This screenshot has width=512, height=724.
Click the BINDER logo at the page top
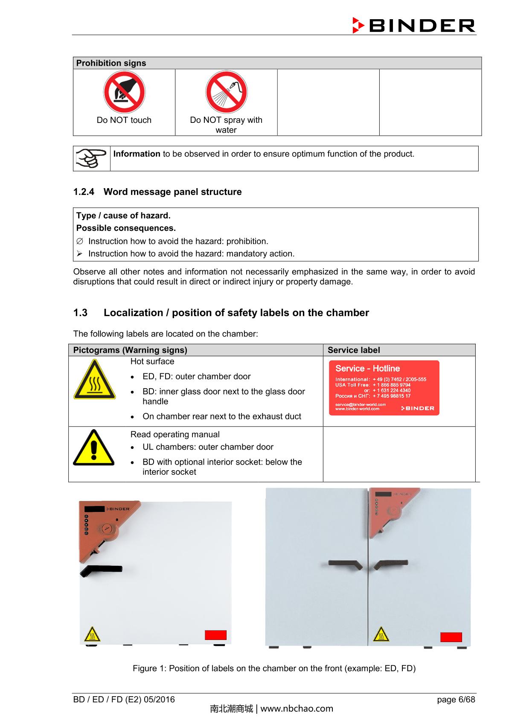coord(413,26)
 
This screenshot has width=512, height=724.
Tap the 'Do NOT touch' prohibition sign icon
coord(124,92)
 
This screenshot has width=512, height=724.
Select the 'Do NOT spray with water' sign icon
coord(226,92)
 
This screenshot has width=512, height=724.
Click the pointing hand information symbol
coord(91,158)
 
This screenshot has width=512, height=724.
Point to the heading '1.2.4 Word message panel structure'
coord(157,192)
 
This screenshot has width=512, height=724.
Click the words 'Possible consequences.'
coord(126,228)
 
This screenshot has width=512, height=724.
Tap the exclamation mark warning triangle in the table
coord(93,448)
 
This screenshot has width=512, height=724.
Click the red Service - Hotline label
coord(384,388)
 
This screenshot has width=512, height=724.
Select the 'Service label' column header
coord(353,350)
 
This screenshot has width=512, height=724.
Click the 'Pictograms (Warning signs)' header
coord(130,350)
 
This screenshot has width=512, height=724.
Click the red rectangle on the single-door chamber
coord(215,635)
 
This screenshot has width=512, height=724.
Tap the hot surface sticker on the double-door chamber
coord(381,634)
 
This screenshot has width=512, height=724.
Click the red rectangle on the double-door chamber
coord(451,637)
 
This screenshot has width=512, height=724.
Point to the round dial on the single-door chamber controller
coord(106,529)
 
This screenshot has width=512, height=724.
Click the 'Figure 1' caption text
coord(274,669)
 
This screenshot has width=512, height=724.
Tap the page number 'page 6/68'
coord(456,700)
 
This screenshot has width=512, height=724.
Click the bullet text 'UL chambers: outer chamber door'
coord(208,447)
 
